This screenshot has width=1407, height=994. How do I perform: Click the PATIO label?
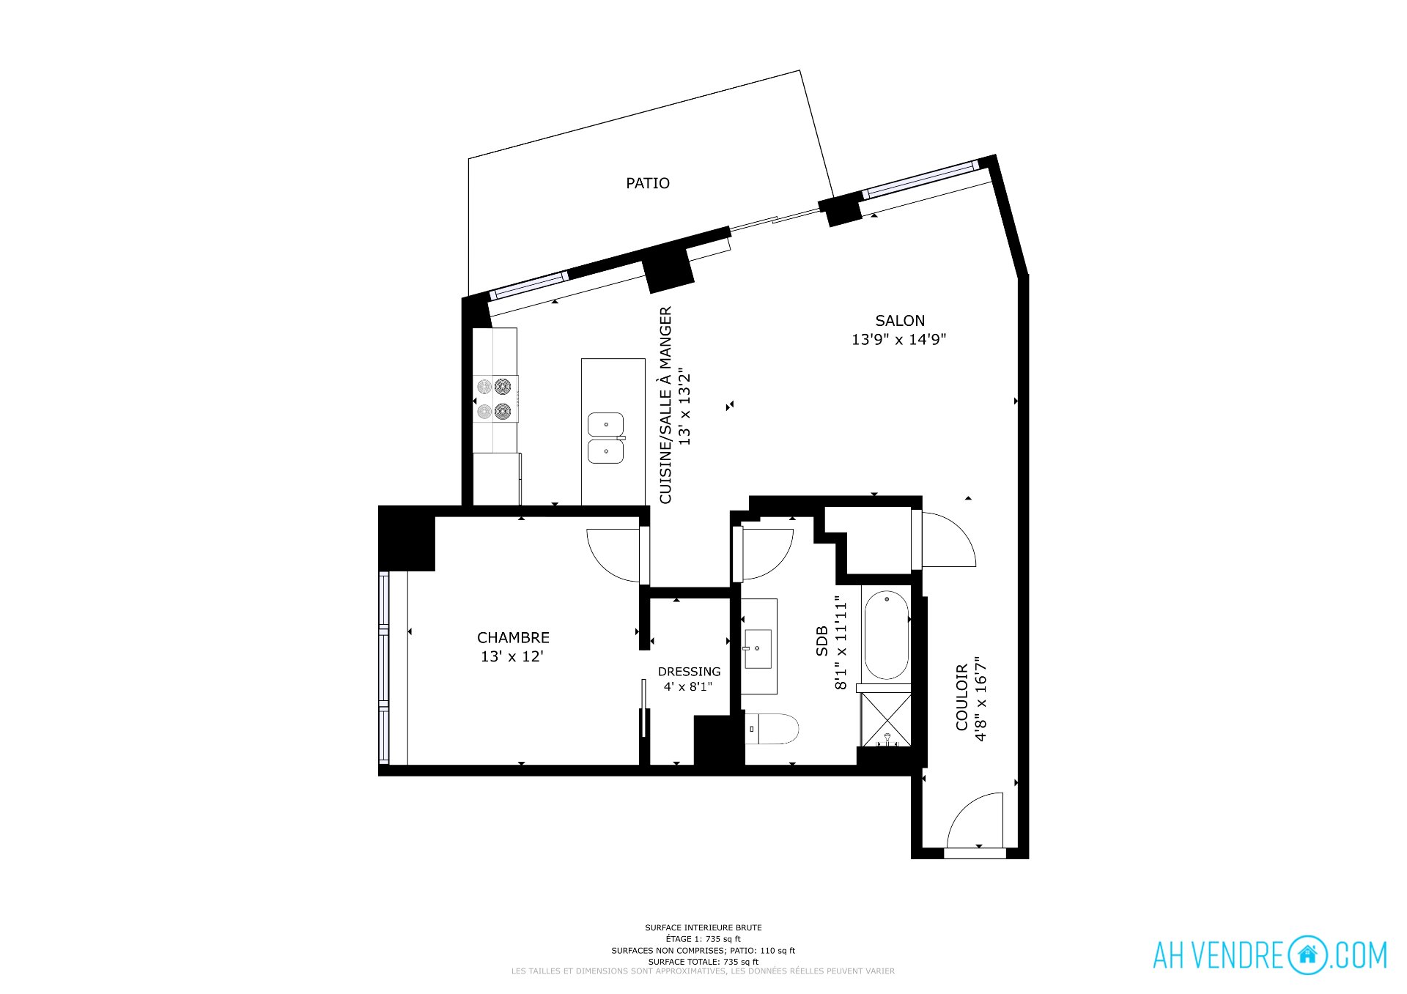(648, 183)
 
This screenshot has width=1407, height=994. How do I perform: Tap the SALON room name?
(900, 321)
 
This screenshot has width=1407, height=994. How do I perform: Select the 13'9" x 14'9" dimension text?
(899, 340)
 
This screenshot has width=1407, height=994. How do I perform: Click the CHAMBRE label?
(513, 638)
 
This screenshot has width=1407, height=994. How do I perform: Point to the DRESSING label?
(689, 672)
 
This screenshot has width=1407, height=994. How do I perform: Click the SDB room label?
(821, 641)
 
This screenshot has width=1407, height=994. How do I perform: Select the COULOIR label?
(962, 697)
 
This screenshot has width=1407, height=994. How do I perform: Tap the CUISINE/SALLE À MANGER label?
(665, 405)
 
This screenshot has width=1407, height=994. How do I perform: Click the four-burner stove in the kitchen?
(495, 398)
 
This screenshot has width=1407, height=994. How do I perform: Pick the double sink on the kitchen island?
(606, 438)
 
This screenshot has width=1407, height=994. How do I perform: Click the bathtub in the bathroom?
(887, 635)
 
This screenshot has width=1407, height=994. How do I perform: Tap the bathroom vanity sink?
(758, 649)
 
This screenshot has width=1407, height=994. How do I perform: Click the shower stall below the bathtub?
(886, 719)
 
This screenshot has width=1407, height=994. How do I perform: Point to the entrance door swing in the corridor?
(975, 820)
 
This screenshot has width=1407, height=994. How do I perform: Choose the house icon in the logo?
(1308, 955)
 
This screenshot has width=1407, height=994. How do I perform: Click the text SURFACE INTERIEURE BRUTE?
(703, 928)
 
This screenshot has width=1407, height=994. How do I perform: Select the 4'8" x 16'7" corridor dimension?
(981, 698)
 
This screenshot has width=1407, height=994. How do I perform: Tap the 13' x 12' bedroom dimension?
(512, 657)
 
